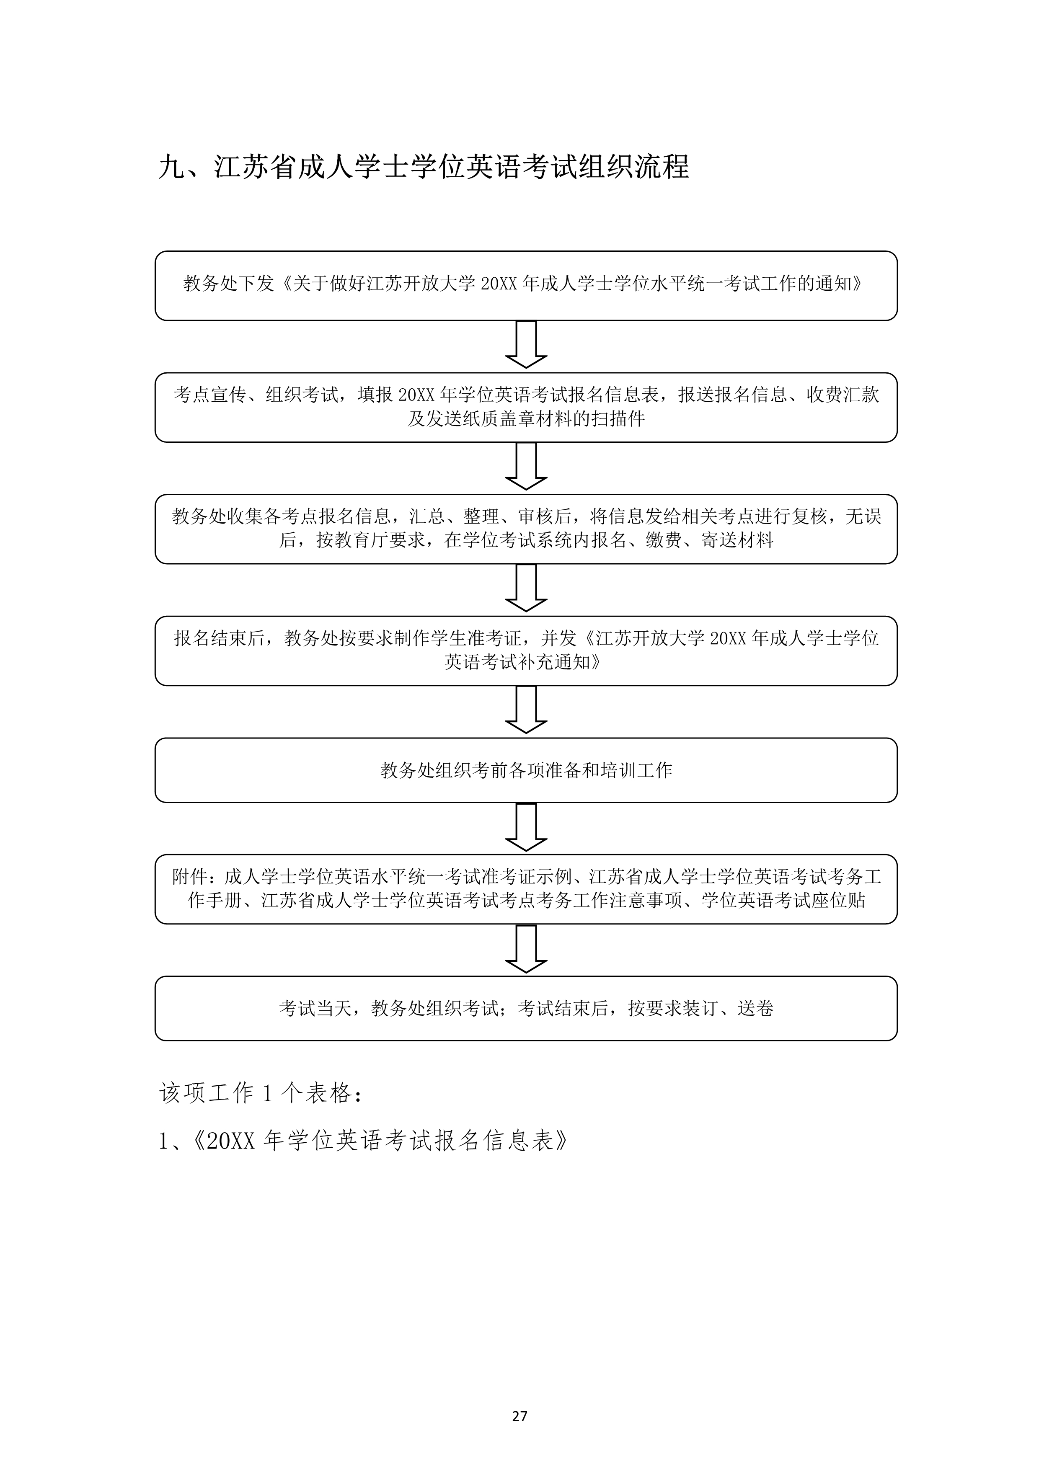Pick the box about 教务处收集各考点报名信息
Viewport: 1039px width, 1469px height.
click(x=526, y=529)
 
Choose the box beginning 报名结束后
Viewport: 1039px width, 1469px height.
click(x=526, y=651)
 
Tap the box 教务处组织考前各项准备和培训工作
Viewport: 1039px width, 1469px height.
click(x=526, y=770)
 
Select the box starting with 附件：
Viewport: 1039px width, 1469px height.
click(x=526, y=889)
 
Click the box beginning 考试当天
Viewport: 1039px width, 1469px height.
click(x=526, y=1008)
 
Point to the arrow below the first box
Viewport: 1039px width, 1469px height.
click(x=526, y=344)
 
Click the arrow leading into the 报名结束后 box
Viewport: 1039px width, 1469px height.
click(x=526, y=587)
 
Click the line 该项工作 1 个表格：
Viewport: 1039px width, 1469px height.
click(x=262, y=1093)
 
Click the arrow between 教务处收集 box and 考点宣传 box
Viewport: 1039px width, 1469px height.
click(x=526, y=466)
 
